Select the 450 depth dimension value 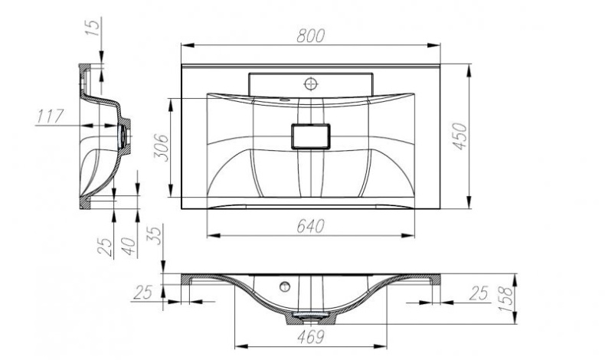[459, 136]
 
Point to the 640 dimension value [310, 226]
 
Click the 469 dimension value [309, 336]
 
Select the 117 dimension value [49, 117]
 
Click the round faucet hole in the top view [312, 82]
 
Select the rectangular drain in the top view [309, 136]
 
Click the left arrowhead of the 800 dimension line [185, 47]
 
